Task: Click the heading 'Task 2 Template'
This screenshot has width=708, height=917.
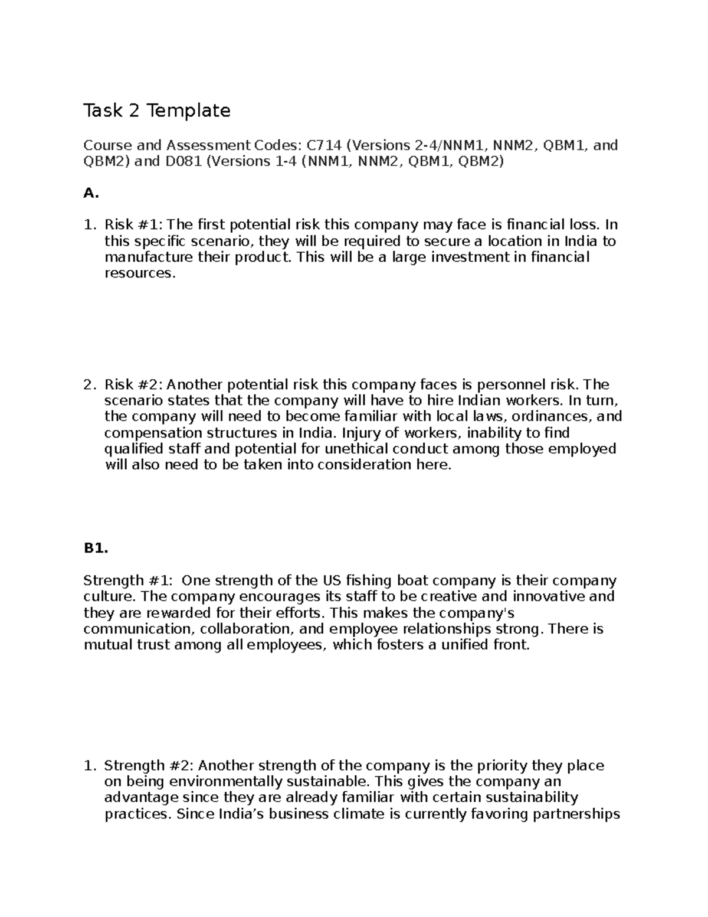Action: (x=156, y=110)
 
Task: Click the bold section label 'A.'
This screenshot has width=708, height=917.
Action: (x=89, y=193)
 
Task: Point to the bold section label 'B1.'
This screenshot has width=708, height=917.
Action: (x=96, y=549)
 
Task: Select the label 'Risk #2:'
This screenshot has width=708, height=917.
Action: (x=135, y=385)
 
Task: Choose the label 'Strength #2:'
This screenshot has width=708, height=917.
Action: (x=149, y=766)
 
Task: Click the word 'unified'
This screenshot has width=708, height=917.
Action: (x=464, y=645)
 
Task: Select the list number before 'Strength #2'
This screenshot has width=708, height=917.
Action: (x=89, y=766)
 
